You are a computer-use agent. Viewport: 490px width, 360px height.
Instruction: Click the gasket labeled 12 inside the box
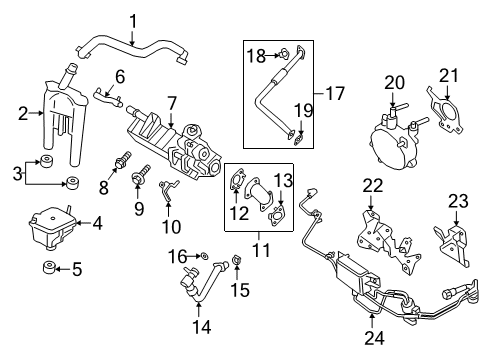(x=237, y=183)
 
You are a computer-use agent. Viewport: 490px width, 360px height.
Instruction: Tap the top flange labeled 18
(x=285, y=54)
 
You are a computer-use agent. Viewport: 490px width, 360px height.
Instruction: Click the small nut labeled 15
(x=238, y=264)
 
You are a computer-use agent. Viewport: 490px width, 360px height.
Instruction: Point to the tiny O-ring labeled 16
(x=205, y=258)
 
